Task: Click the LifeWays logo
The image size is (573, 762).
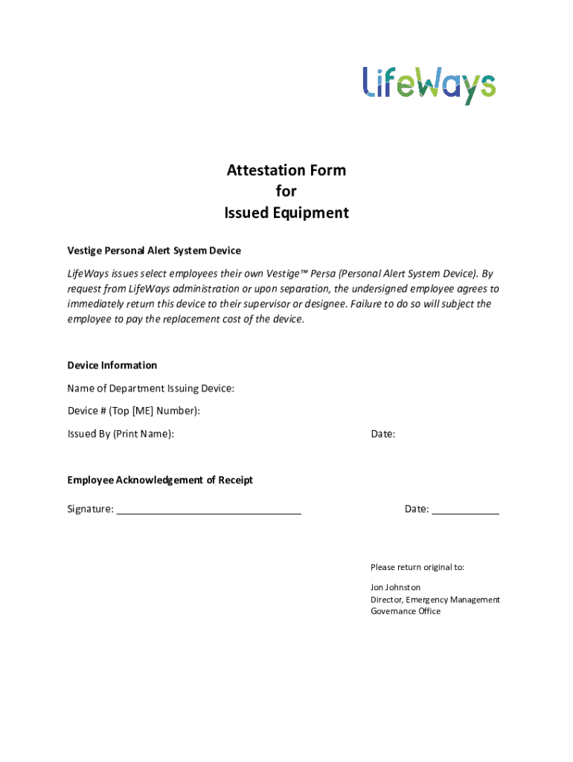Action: [x=429, y=84]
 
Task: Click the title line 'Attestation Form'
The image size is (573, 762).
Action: [x=286, y=170]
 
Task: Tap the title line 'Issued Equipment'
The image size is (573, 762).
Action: [x=286, y=214]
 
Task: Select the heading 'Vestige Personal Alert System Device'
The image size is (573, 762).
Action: [x=154, y=251]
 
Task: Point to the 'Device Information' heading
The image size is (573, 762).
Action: [x=112, y=365]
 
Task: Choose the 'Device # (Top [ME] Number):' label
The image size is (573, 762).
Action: [x=134, y=411]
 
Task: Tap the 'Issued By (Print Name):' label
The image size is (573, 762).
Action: [x=121, y=434]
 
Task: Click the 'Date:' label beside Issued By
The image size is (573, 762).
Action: [x=383, y=434]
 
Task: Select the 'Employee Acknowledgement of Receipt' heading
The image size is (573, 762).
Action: [x=160, y=480]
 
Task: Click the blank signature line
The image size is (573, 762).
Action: [x=209, y=510]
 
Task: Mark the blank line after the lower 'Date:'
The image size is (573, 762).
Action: [x=466, y=510]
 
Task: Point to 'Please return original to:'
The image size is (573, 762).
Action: [x=417, y=567]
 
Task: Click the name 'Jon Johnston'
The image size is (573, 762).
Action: [x=396, y=588]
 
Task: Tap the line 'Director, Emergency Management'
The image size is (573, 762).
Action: [x=435, y=600]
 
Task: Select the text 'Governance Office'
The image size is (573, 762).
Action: [x=406, y=612]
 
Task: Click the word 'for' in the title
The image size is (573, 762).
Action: [x=286, y=192]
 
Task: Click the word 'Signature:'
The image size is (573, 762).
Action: [x=91, y=510]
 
